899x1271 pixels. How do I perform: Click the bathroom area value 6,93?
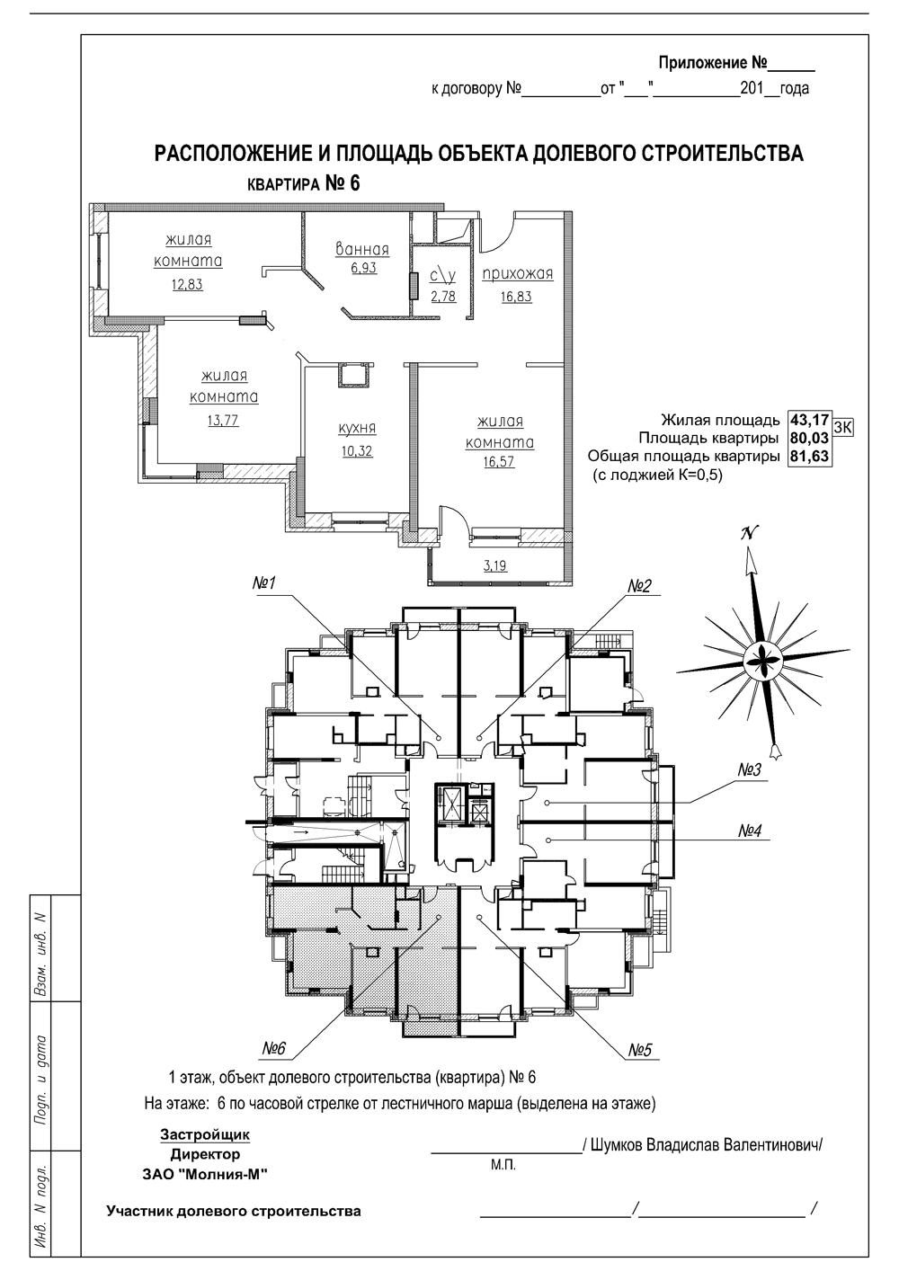[364, 268]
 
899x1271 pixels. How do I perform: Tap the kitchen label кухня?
[357, 429]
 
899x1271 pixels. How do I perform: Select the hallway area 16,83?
[516, 297]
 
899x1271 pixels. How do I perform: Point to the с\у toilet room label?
[442, 276]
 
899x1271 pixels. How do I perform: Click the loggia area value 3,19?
[495, 565]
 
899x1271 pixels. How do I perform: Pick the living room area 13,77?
[223, 421]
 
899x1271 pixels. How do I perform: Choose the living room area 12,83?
[187, 284]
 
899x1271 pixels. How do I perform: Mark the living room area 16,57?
[500, 461]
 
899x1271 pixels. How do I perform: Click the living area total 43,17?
[809, 421]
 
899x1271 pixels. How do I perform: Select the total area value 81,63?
[809, 457]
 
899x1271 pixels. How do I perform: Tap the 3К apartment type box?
[843, 428]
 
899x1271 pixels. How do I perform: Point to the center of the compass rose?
[763, 662]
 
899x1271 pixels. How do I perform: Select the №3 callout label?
[750, 770]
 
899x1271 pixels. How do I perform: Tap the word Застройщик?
[205, 1134]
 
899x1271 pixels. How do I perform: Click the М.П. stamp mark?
[503, 1166]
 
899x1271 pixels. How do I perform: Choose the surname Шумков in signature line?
[616, 1145]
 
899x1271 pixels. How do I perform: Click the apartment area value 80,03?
[809, 438]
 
